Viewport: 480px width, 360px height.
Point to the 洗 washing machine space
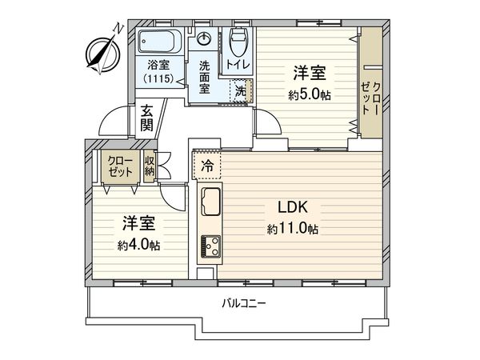pyautogui.click(x=242, y=91)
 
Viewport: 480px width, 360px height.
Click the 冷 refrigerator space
pyautogui.click(x=206, y=168)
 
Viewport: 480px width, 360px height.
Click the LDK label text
pyautogui.click(x=293, y=206)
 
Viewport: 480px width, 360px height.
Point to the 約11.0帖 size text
pyautogui.click(x=293, y=230)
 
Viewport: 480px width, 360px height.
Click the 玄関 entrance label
pyautogui.click(x=147, y=118)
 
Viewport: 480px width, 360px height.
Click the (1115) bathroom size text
pyautogui.click(x=158, y=78)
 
